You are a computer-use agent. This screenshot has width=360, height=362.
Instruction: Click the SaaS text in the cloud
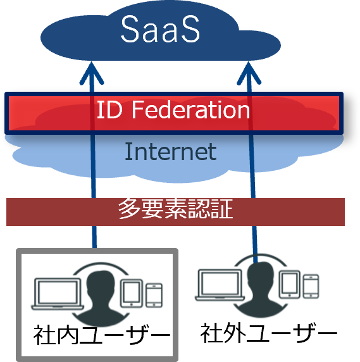click(160, 29)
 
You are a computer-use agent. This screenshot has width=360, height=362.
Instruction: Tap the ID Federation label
click(173, 109)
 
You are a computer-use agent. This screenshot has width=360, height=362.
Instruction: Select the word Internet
click(171, 151)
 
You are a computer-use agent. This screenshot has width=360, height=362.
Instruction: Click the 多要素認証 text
click(175, 209)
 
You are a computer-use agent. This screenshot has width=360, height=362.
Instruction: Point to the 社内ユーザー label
click(102, 335)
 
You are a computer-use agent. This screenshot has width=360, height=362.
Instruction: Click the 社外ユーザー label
click(269, 333)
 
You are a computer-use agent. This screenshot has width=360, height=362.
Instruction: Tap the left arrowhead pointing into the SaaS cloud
click(92, 73)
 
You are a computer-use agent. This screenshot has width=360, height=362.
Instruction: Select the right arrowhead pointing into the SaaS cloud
click(249, 73)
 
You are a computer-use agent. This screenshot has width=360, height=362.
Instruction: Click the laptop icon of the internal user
click(58, 294)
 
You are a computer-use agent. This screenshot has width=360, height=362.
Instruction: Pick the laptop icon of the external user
click(220, 285)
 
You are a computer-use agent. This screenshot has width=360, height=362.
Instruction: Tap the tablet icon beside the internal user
click(132, 294)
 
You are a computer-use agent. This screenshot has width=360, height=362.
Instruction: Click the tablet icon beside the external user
click(290, 284)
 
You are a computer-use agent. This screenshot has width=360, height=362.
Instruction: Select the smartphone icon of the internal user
click(154, 296)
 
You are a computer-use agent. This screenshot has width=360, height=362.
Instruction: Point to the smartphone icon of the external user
click(311, 286)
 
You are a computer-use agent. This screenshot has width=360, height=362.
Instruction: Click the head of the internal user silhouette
click(101, 284)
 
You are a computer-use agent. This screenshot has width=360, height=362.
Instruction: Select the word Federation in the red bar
click(191, 109)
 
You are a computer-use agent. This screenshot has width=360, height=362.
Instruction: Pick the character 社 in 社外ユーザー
click(211, 333)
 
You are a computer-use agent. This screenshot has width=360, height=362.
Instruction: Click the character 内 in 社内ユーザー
click(68, 335)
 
